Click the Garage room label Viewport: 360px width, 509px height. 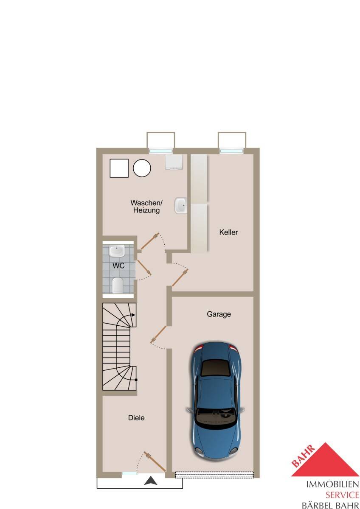coord(219,314)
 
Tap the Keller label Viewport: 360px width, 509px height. coord(228,232)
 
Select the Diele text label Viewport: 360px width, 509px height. coord(136,418)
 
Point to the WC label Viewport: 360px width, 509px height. coord(118,266)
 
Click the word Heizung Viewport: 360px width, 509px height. coord(146,210)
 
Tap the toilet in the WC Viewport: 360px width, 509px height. coord(117,285)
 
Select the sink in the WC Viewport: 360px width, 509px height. coord(117,251)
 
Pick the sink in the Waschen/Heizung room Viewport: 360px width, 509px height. coord(180,205)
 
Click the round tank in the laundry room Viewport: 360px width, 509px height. coord(142,168)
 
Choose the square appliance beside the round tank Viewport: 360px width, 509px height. coord(119,168)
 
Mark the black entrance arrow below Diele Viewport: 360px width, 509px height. coord(151,481)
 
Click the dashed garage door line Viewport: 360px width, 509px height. coord(214,475)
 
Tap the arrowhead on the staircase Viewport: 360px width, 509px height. coord(133,315)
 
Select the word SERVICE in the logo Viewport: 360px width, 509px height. coord(342,495)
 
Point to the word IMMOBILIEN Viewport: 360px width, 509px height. coord(332,484)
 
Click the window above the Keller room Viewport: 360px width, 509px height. coord(232,151)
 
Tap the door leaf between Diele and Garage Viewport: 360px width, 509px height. coord(159,335)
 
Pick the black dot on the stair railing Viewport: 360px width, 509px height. coord(136,380)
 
